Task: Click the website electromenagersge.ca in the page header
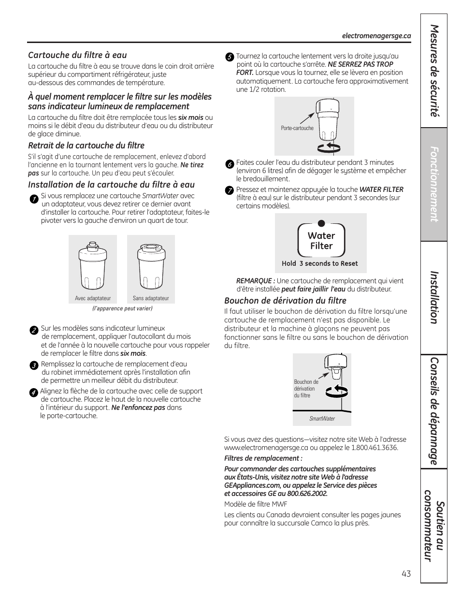[376, 36]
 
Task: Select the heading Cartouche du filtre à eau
[77, 55]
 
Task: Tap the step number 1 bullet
[34, 199]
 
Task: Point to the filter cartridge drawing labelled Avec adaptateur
[93, 267]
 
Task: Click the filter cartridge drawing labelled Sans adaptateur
[151, 267]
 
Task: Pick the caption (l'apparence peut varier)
[122, 308]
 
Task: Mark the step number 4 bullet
[33, 393]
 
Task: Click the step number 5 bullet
[230, 57]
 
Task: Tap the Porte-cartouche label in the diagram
[297, 128]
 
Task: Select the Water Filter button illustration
[321, 240]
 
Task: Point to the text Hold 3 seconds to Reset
[320, 263]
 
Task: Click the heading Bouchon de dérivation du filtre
[285, 301]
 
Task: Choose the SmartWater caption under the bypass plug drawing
[322, 419]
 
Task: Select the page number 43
[406, 574]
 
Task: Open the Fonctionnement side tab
[433, 184]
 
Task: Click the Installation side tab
[433, 297]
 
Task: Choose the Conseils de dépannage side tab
[433, 411]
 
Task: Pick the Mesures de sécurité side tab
[433, 71]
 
